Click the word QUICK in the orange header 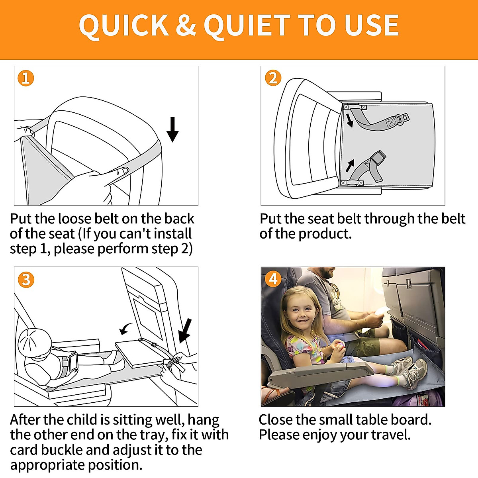coord(123,26)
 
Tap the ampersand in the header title coord(186,25)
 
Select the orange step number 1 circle coord(26,78)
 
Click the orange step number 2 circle coord(273,78)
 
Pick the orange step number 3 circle coord(26,280)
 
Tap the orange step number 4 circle coord(273,279)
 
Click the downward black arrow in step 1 coord(172,129)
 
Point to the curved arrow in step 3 coord(127,329)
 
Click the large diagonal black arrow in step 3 coord(185,330)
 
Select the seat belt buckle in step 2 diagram coord(402,118)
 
